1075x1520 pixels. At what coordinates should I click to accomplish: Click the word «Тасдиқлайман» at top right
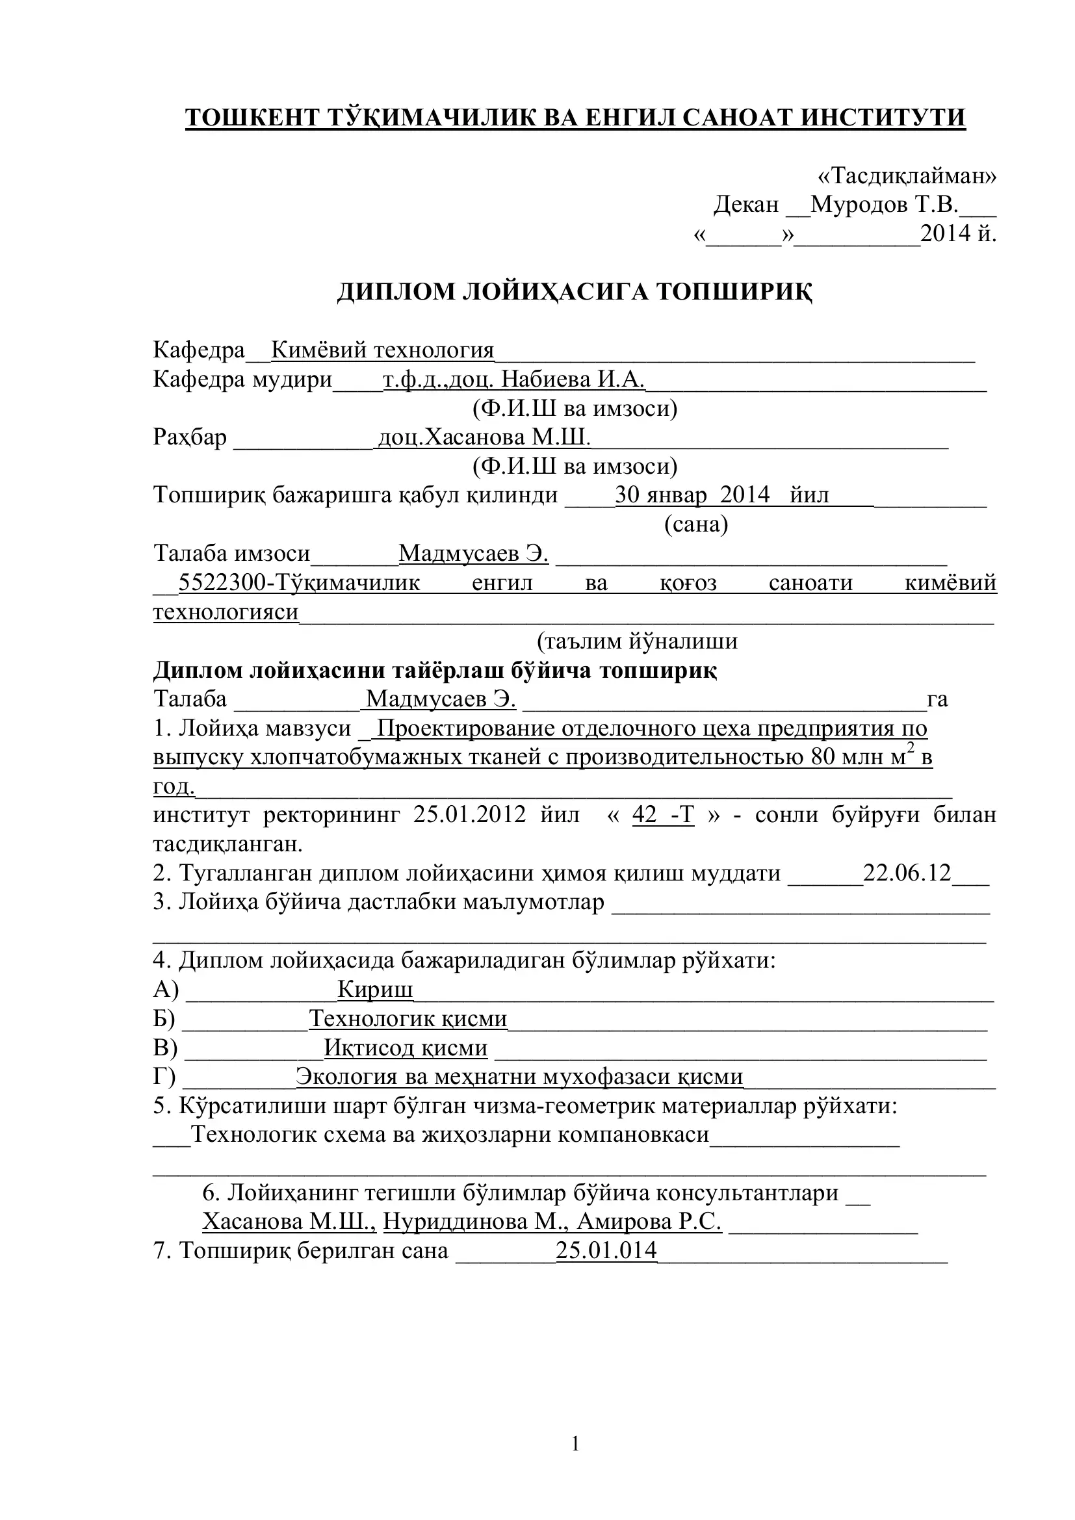907,176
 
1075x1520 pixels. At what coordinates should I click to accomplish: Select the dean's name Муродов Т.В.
885,205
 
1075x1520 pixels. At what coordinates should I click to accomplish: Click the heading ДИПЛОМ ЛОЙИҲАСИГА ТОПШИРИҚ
575,292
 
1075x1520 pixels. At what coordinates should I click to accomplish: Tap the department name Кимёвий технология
383,350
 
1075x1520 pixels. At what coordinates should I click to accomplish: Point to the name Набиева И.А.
573,379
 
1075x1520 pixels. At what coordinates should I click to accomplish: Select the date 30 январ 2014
692,495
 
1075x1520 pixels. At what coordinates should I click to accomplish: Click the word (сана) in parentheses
695,524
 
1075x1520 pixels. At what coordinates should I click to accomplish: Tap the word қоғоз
688,582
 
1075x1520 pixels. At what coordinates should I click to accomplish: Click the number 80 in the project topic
823,756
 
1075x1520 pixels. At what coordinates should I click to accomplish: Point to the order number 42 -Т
664,814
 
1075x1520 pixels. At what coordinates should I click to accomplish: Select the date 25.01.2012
469,814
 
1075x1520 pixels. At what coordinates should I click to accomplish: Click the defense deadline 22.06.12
907,873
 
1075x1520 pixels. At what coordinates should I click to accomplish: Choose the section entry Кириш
374,989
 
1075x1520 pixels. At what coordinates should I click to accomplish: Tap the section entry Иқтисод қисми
405,1048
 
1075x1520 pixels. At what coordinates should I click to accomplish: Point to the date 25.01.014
606,1250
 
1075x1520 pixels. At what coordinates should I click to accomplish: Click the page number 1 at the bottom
575,1444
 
